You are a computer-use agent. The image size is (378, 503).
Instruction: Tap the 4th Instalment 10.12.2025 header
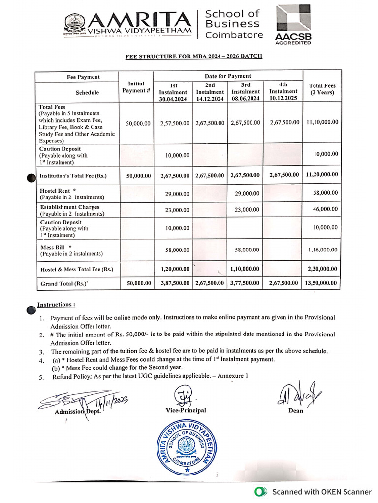coord(283,91)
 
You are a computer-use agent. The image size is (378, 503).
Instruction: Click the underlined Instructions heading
coord(56,305)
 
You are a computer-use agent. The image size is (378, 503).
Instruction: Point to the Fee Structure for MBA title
coord(193,56)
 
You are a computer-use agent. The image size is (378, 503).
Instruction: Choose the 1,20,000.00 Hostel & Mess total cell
coord(175,269)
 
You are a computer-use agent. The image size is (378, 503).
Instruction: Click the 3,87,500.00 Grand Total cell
coord(175,283)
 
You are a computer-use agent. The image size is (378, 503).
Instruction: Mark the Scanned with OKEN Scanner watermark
coord(313,491)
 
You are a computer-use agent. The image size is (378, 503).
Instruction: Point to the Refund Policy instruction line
coord(150,377)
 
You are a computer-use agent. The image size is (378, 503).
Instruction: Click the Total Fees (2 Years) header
coord(322,89)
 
